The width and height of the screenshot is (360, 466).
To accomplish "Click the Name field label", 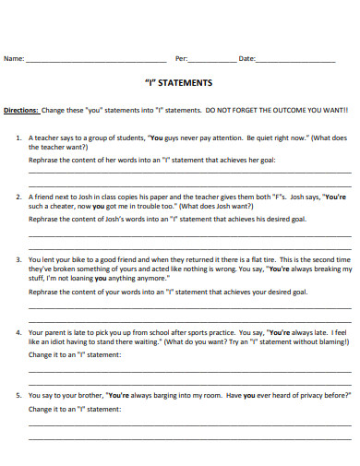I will point(14,59).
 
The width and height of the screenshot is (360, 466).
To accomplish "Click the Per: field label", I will point(181,59).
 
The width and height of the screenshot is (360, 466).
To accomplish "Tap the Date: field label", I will point(246,59).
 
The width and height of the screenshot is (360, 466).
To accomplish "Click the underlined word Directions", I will point(21,109).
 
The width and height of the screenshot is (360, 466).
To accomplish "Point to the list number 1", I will point(18,137).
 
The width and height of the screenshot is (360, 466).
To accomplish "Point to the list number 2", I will point(18,197).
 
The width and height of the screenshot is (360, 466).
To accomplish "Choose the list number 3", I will point(18,260).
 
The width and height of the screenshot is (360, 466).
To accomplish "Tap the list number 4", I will point(18,330).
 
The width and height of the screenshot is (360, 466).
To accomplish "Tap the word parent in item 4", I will point(54,330).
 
